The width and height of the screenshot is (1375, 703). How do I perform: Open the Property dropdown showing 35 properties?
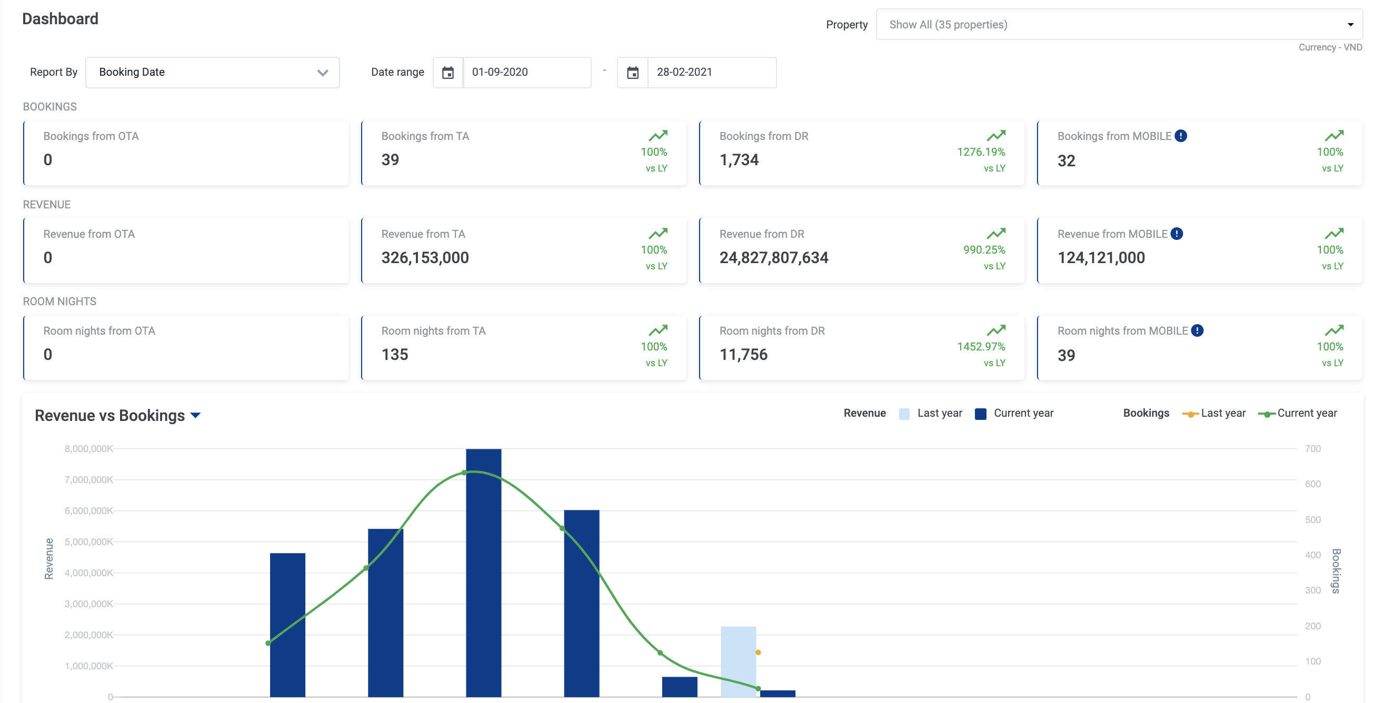coord(1118,25)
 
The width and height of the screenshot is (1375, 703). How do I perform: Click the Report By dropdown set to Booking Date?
coord(212,73)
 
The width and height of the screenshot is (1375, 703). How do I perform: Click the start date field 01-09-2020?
coord(526,73)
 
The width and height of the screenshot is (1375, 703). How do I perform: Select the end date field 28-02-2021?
coord(711,73)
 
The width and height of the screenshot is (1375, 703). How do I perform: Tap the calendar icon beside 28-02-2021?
coord(633,73)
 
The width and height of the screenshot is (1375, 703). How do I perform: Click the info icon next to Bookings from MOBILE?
coord(1181,136)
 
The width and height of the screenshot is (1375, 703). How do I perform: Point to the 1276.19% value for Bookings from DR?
coord(981,152)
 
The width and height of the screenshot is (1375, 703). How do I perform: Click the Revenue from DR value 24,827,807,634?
coord(773,258)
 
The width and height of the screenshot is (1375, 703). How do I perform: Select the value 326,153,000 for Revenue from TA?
coord(425,258)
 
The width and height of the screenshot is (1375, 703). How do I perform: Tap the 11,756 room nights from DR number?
coord(743,355)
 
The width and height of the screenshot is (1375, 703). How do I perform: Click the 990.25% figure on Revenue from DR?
coord(984,249)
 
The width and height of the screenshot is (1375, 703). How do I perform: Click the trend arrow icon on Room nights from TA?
coord(658,329)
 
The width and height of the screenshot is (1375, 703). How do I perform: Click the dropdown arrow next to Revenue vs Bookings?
coord(195,416)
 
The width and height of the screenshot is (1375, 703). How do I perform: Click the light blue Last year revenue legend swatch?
coord(904,414)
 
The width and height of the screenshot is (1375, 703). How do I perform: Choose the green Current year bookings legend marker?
coord(1266,414)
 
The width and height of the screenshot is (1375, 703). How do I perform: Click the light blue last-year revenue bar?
coord(738,661)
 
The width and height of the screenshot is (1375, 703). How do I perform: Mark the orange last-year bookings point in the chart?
coord(758,652)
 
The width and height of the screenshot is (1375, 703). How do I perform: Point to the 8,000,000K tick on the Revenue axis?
coord(88,449)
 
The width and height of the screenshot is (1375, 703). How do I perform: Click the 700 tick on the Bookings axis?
coord(1312,449)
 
